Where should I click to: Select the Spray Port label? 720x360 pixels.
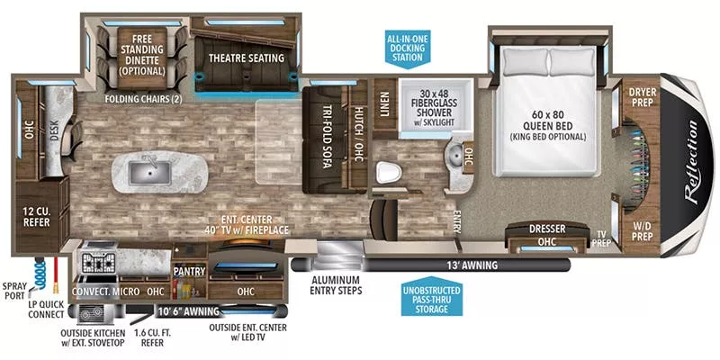click(15, 288)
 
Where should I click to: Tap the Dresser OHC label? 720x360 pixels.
click(547, 235)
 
